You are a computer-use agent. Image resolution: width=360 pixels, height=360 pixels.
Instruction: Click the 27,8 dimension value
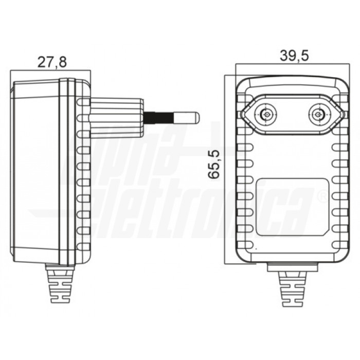51,62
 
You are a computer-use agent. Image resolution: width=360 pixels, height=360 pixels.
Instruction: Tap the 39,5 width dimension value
294,56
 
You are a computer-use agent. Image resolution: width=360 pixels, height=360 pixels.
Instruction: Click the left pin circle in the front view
266,115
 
